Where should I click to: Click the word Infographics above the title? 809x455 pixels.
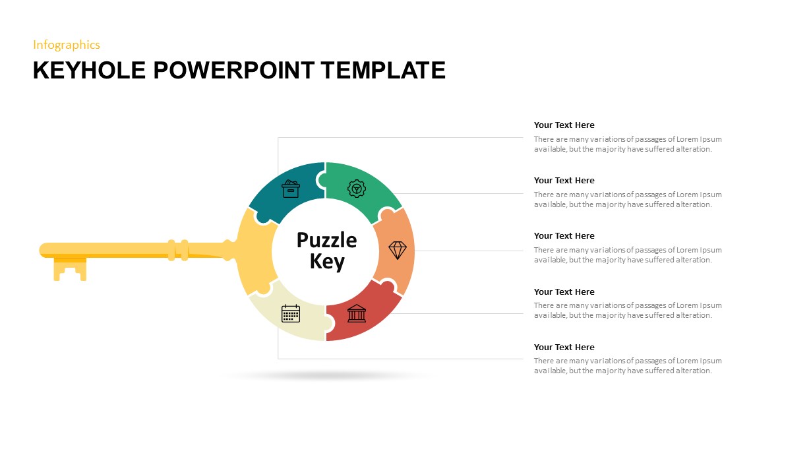tap(66, 45)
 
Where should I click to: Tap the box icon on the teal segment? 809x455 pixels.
tap(291, 189)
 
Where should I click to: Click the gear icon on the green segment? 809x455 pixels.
tap(357, 189)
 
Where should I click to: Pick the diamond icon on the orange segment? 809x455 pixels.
tap(398, 251)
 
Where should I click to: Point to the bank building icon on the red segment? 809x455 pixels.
tap(357, 313)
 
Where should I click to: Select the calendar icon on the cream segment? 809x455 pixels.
tap(291, 313)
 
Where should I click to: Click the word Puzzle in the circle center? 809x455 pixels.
tap(326, 240)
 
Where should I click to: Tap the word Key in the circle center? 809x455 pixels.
tap(327, 262)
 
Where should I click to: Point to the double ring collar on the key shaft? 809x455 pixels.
tap(178, 250)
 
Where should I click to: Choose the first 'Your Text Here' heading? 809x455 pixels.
tap(564, 125)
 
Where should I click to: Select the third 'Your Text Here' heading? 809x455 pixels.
tap(564, 236)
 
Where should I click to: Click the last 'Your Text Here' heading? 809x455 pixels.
tap(564, 348)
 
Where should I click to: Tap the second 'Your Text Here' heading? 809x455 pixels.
tap(564, 181)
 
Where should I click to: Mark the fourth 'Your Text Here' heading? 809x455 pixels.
tap(564, 292)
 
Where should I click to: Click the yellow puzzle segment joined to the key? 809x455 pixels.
tap(254, 251)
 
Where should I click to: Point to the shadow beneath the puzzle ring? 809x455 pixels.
tap(328, 376)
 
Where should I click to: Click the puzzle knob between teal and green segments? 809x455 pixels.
tap(322, 180)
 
